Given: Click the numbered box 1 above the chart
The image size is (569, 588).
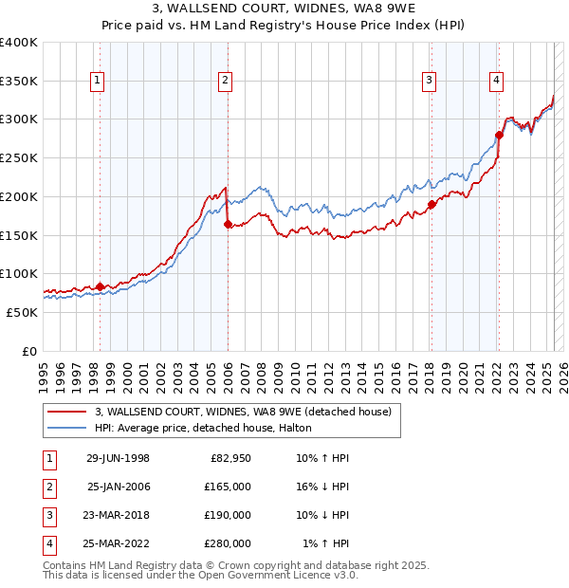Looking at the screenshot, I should (100, 82).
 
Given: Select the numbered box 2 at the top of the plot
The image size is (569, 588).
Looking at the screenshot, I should (225, 82).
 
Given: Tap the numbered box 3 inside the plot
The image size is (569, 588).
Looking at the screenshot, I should (430, 82).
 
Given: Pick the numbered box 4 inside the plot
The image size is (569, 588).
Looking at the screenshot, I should (496, 82).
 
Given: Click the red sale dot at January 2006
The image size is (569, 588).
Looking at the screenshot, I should (228, 225).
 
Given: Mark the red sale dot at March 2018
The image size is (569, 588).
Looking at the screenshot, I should (431, 204).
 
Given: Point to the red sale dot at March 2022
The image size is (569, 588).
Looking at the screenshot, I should (499, 135).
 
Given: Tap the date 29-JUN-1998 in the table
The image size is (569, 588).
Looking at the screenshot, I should (118, 459).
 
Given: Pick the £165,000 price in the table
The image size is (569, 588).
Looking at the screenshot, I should (228, 487).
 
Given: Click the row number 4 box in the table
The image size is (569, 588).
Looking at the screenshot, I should (47, 544).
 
